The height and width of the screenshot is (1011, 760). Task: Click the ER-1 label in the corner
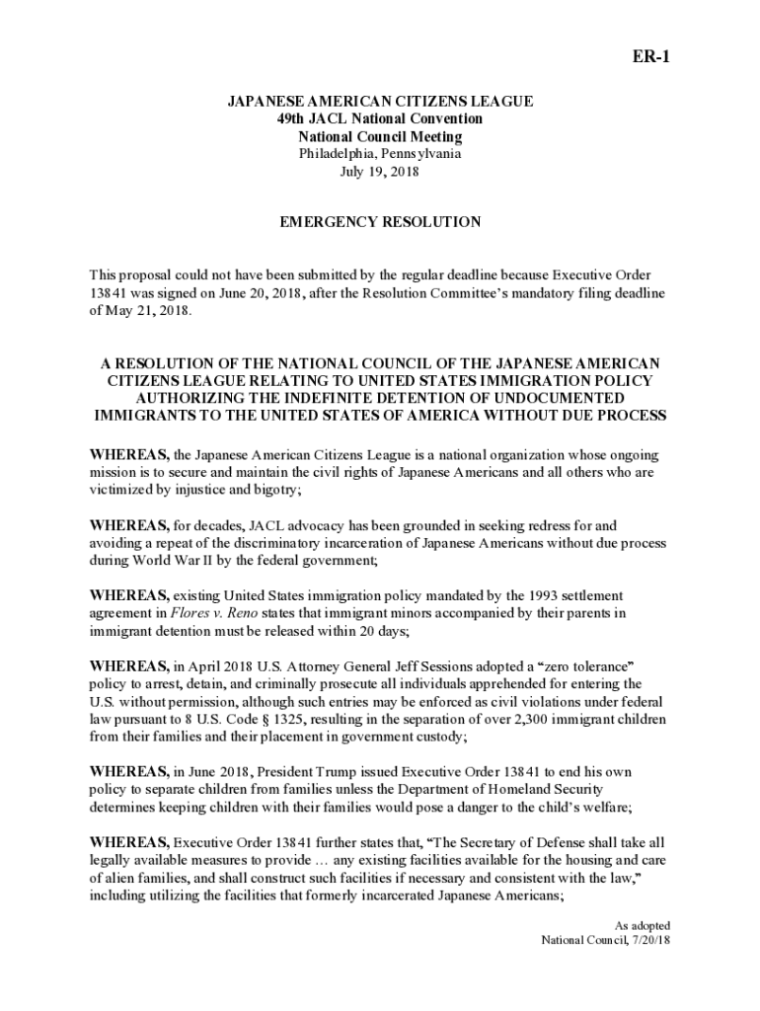click(x=651, y=56)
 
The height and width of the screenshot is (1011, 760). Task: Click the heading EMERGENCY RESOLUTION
click(x=380, y=222)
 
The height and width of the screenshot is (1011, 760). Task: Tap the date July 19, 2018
click(x=380, y=171)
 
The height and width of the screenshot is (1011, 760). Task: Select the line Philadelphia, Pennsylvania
click(x=380, y=153)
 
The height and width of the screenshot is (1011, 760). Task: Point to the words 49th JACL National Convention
click(x=380, y=118)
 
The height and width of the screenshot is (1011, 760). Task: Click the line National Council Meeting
click(x=380, y=136)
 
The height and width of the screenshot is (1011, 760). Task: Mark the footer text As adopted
click(x=643, y=925)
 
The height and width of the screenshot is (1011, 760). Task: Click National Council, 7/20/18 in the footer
click(x=605, y=940)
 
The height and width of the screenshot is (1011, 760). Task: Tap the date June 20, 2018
click(x=223, y=293)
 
